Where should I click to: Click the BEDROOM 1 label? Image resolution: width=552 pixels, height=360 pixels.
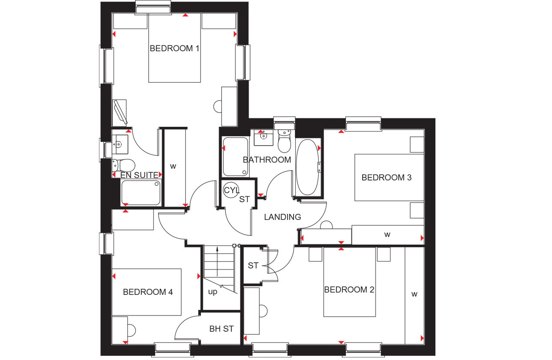click(174, 48)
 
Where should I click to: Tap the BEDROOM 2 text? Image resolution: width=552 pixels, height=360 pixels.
click(349, 290)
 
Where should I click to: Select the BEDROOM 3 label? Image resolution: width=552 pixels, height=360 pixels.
click(387, 177)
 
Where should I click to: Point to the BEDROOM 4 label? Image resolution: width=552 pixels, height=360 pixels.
click(148, 292)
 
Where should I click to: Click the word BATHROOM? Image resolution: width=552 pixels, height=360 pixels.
click(267, 160)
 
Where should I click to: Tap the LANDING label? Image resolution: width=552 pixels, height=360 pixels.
click(282, 217)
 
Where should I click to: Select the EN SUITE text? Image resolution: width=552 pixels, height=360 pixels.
click(139, 175)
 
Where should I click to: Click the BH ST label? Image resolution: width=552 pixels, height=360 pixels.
click(221, 329)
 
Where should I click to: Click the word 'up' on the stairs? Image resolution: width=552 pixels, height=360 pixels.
click(213, 292)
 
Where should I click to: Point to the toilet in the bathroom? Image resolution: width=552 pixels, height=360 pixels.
click(285, 141)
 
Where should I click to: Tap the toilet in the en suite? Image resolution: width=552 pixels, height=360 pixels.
click(123, 165)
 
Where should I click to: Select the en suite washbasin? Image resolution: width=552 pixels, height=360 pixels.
click(120, 144)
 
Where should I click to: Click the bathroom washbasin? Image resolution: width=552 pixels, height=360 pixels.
click(264, 138)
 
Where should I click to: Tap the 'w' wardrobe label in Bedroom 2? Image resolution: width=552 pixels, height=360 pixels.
click(414, 294)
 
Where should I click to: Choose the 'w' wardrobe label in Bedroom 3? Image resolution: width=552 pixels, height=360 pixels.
click(387, 234)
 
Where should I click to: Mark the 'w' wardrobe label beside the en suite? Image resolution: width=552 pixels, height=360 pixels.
click(173, 166)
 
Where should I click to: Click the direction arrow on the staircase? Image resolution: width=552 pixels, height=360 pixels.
click(217, 261)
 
